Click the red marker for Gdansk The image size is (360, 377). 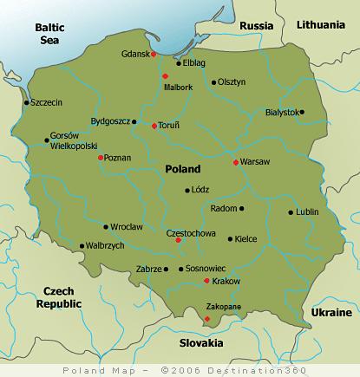coord(154,55)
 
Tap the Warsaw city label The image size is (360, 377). coord(255,162)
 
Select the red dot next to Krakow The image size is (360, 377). coord(206,281)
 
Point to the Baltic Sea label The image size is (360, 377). coord(50,33)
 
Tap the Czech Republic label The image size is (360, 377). coord(58,298)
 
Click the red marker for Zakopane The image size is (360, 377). coord(206,319)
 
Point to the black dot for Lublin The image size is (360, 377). coord(291,211)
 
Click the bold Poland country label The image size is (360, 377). coord(181,169)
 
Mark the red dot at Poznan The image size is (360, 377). coord(101,158)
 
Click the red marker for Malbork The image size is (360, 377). coord(165,77)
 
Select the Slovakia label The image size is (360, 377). coord(200,341)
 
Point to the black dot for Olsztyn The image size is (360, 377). coord(213,82)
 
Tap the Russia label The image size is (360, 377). coord(256,25)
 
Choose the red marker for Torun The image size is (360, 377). coord(154,126)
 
